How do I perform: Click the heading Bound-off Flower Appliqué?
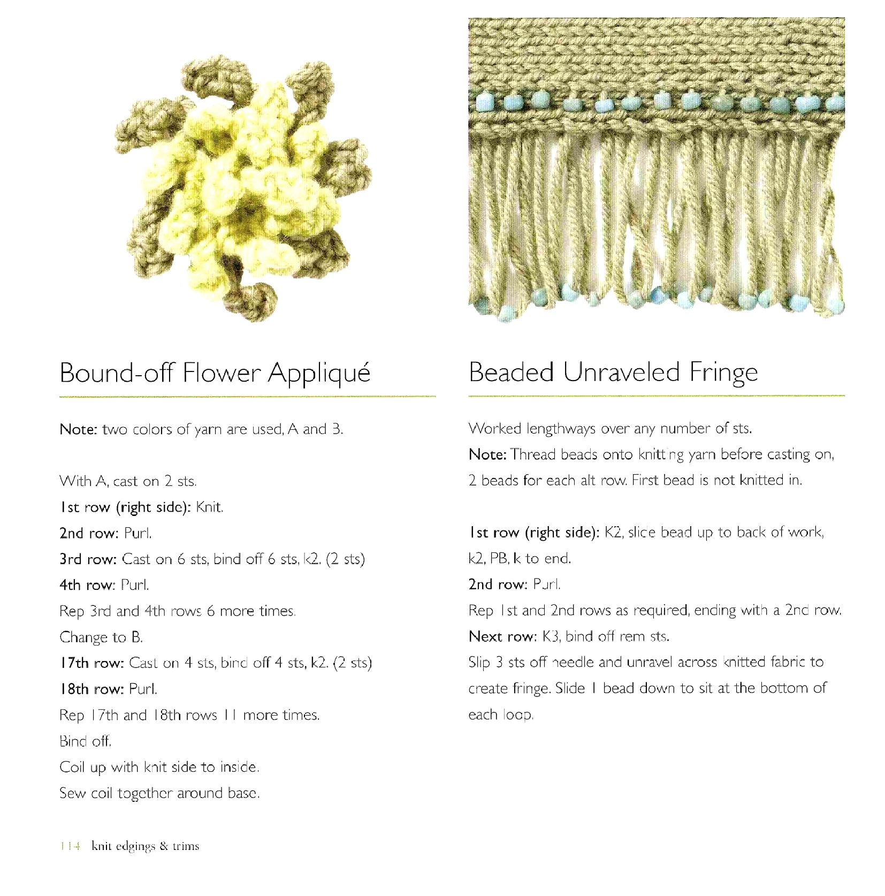coord(215,373)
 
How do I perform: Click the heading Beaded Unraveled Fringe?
coord(613,373)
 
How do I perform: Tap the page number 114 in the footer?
coord(70,846)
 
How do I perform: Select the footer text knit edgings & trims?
coord(146,846)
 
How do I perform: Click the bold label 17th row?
coord(91,663)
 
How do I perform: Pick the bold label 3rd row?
coord(88,559)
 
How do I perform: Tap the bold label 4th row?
coord(87,585)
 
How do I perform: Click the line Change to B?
coord(101,637)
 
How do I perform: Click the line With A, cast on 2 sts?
coord(128,481)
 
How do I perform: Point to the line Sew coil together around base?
coord(159,793)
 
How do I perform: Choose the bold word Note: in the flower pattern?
coord(78,429)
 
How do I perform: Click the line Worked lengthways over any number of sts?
coord(610,429)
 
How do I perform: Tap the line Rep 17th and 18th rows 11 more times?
coord(189,715)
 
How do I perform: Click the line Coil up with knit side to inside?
coord(159,768)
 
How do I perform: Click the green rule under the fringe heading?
coord(656,396)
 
